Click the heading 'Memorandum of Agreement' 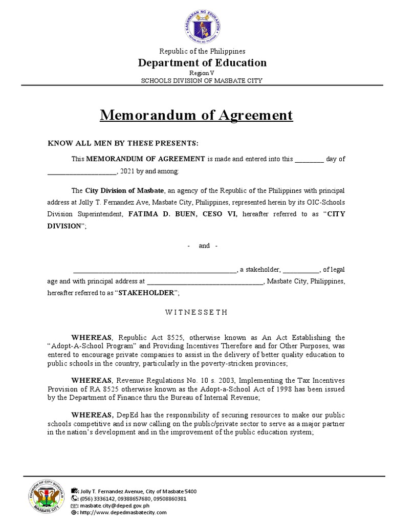pos(196,115)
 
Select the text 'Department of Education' pos(202,63)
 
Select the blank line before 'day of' pos(309,159)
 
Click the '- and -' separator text pos(203,246)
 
